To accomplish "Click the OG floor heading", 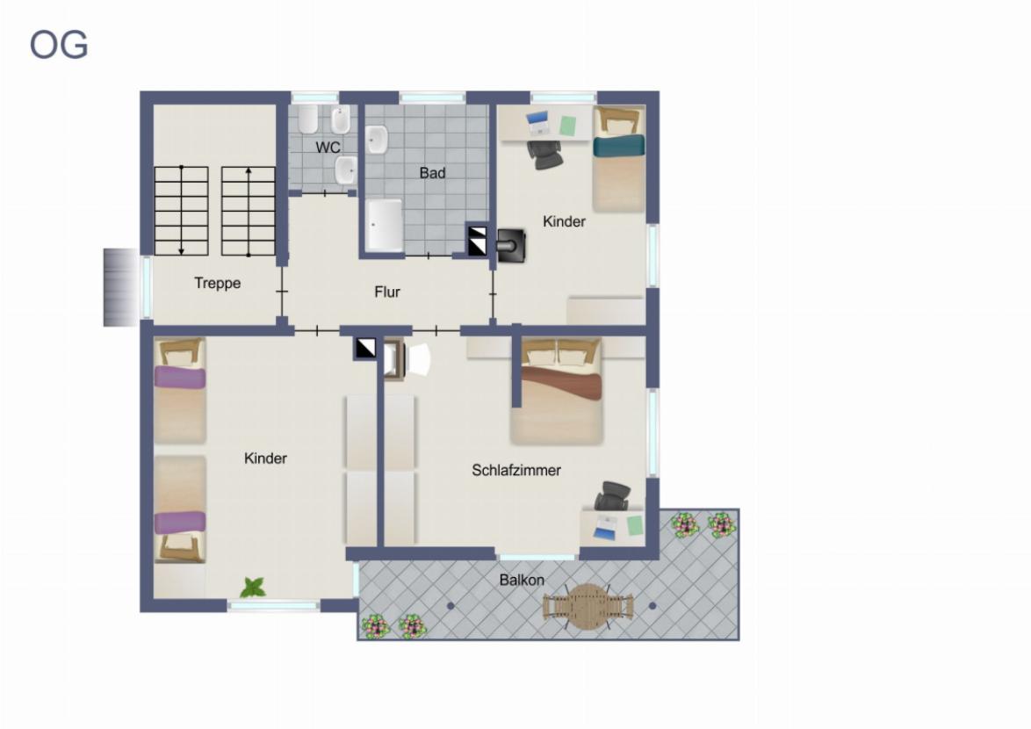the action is point(59,46).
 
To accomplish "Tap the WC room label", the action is point(328,147).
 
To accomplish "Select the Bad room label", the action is point(432,173).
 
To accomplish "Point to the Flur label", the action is point(386,292).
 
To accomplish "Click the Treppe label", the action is point(217,284).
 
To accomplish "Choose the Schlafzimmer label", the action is point(516,470).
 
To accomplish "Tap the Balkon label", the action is point(522,580).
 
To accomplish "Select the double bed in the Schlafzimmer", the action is point(556,392).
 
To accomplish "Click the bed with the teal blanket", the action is point(618,159).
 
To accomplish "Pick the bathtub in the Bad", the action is point(384,226).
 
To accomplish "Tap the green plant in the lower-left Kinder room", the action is point(253,587).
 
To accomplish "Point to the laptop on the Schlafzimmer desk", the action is point(605,527).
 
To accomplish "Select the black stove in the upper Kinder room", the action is point(511,246).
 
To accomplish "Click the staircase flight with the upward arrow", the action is point(248,211).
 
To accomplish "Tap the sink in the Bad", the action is point(377,140).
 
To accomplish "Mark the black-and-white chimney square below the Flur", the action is point(365,348).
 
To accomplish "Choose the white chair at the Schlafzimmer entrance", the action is point(418,359).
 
